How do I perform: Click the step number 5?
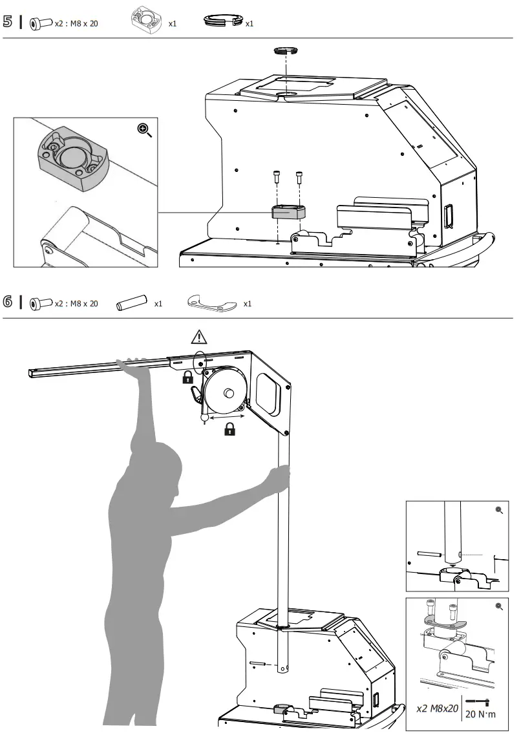pyautogui.click(x=8, y=22)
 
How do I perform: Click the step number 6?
pyautogui.click(x=8, y=303)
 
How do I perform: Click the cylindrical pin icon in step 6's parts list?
pyautogui.click(x=128, y=303)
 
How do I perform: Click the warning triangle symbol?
pyautogui.click(x=199, y=337)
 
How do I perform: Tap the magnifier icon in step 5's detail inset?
pyautogui.click(x=145, y=130)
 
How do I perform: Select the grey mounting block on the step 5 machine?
pyautogui.click(x=288, y=213)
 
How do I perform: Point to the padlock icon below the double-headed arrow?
pyautogui.click(x=229, y=429)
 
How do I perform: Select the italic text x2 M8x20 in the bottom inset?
pyautogui.click(x=438, y=709)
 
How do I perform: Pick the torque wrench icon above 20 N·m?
pyautogui.click(x=479, y=701)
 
